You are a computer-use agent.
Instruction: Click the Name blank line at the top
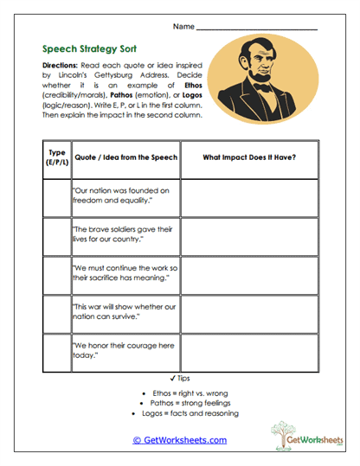pyautogui.click(x=256, y=29)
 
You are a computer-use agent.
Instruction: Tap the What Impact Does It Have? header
pyautogui.click(x=248, y=158)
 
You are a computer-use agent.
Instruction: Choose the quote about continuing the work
pyautogui.click(x=123, y=272)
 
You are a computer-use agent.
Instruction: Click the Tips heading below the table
pyautogui.click(x=180, y=378)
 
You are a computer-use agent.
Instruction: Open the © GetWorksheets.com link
pyautogui.click(x=179, y=440)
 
